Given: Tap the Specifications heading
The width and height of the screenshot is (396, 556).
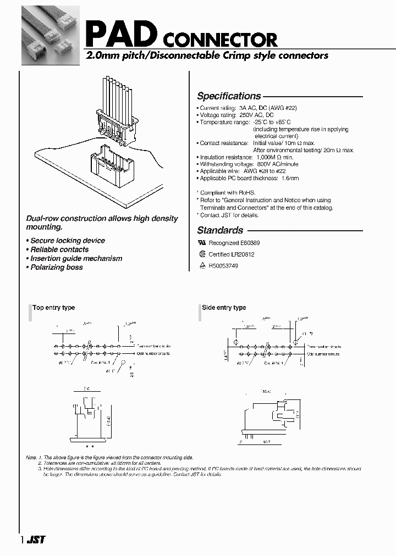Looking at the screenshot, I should click(x=229, y=96).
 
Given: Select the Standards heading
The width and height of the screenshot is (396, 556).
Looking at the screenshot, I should click(x=220, y=231).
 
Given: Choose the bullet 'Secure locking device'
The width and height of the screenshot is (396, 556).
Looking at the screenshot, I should click(x=67, y=241).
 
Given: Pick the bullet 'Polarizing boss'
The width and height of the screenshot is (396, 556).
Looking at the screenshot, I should click(x=56, y=267).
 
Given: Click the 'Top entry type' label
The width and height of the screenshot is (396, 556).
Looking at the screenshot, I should click(x=53, y=308).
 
